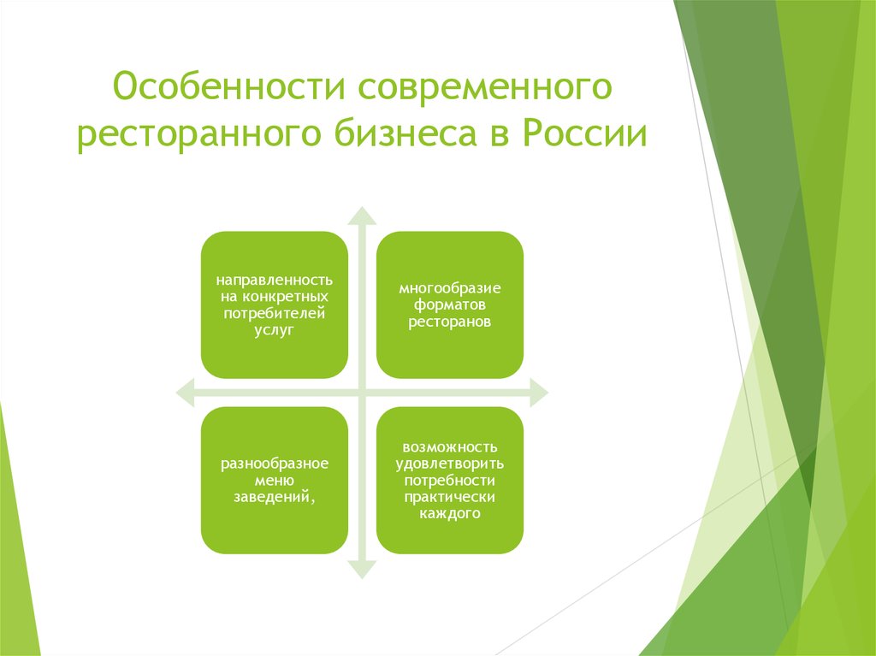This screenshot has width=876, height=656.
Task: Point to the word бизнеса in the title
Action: tap(406, 132)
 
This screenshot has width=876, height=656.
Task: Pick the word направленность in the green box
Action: tap(275, 280)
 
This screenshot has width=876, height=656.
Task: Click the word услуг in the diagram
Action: tap(275, 330)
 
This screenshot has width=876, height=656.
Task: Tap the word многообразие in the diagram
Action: tap(450, 288)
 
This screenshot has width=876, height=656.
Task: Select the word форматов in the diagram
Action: tap(450, 304)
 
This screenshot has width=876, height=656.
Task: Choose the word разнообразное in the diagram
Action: tap(275, 464)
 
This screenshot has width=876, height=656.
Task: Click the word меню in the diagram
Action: tap(275, 481)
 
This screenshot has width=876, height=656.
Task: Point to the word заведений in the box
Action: tap(272, 497)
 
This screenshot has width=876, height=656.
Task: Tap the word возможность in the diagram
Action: tap(450, 447)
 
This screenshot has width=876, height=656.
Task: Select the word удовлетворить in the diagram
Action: tap(450, 464)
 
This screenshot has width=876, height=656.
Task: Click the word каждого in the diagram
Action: tap(450, 513)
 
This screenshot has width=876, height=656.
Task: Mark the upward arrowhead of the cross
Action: tap(362, 216)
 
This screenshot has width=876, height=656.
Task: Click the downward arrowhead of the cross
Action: tap(362, 569)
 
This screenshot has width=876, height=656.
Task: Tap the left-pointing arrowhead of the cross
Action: tap(186, 393)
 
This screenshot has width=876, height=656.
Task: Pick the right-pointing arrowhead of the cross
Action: tap(539, 393)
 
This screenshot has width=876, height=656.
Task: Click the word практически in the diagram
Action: tap(450, 497)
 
